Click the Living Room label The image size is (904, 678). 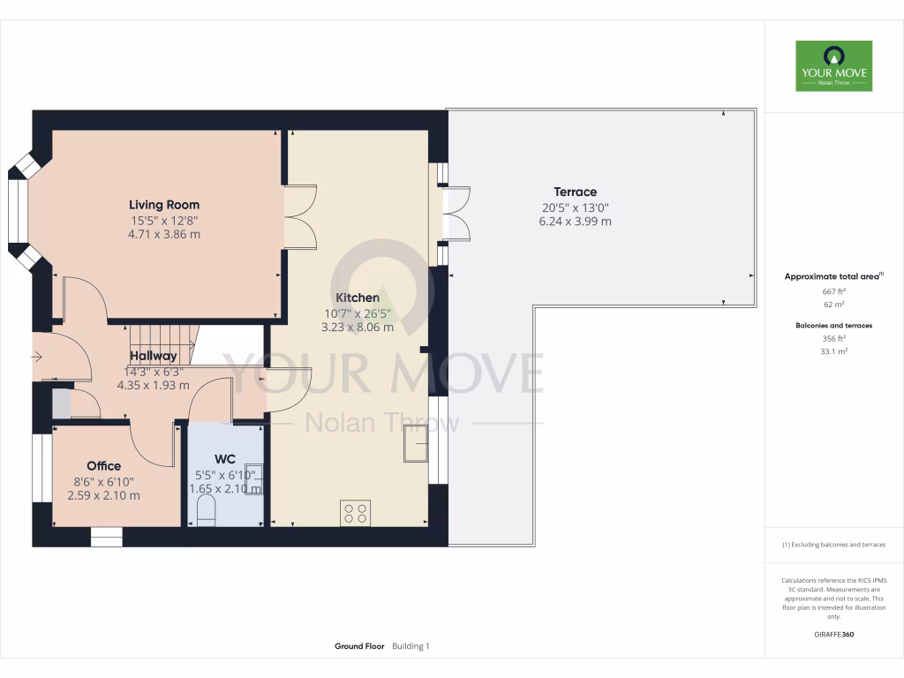click(164, 205)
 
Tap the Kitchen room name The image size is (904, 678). click(358, 298)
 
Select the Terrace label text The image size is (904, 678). click(575, 192)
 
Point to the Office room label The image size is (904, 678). click(103, 465)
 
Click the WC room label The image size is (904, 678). click(225, 459)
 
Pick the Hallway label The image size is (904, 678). click(153, 356)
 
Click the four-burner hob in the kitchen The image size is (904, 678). click(356, 513)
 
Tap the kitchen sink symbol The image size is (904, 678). click(415, 444)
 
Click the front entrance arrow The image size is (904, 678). click(36, 357)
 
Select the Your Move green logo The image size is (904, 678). click(833, 65)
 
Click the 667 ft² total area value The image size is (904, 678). click(833, 291)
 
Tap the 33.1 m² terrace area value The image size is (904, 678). click(833, 351)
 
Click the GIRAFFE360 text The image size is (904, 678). click(833, 635)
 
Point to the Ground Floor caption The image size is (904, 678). click(359, 646)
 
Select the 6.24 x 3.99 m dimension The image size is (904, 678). click(575, 222)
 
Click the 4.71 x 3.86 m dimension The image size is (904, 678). click(164, 235)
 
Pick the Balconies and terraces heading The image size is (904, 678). click(833, 326)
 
